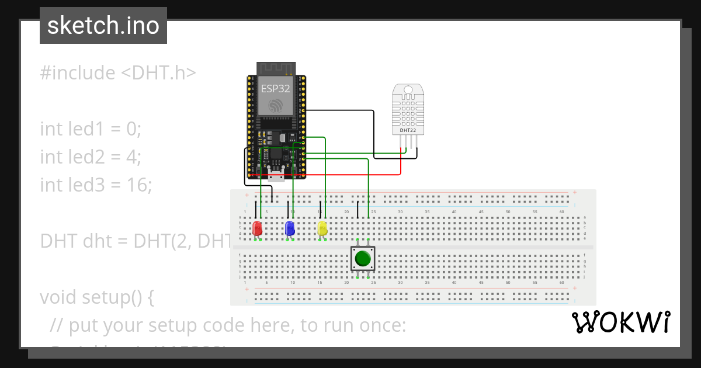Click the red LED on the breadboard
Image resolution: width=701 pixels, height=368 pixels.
pos(257,228)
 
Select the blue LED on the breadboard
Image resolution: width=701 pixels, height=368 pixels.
pos(289,228)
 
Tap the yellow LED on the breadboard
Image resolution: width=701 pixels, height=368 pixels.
pos(322,228)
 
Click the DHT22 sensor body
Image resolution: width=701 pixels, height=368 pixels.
pos(408,108)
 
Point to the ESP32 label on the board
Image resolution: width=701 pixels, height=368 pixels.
pos(275,88)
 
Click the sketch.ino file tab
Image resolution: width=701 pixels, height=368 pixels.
pos(103,26)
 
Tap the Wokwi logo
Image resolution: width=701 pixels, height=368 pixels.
pos(620,322)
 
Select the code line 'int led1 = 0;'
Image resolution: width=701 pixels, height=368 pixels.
pos(91,129)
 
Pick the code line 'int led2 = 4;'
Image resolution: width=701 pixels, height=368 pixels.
pos(91,157)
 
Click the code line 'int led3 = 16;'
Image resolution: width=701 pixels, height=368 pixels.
pos(96,185)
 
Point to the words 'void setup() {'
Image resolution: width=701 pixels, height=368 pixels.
pos(97,297)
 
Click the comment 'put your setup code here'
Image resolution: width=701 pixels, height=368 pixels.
pos(228,325)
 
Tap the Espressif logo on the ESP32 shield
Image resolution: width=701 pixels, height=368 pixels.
pos(275,105)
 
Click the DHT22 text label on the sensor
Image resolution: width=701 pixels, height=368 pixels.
pos(408,131)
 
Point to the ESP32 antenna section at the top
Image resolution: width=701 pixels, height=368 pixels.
pos(275,68)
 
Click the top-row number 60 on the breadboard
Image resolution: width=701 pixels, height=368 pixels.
pos(561,211)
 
